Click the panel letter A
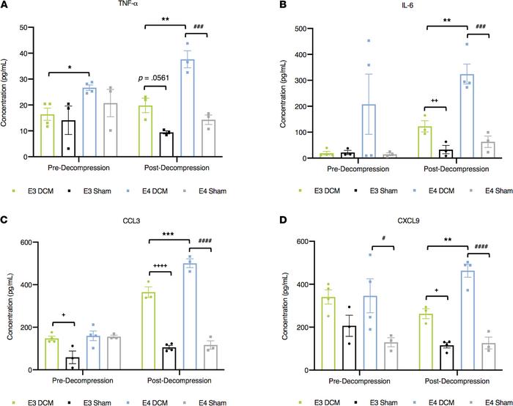[x=5, y=6]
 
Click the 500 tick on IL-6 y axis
[x=281, y=27]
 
